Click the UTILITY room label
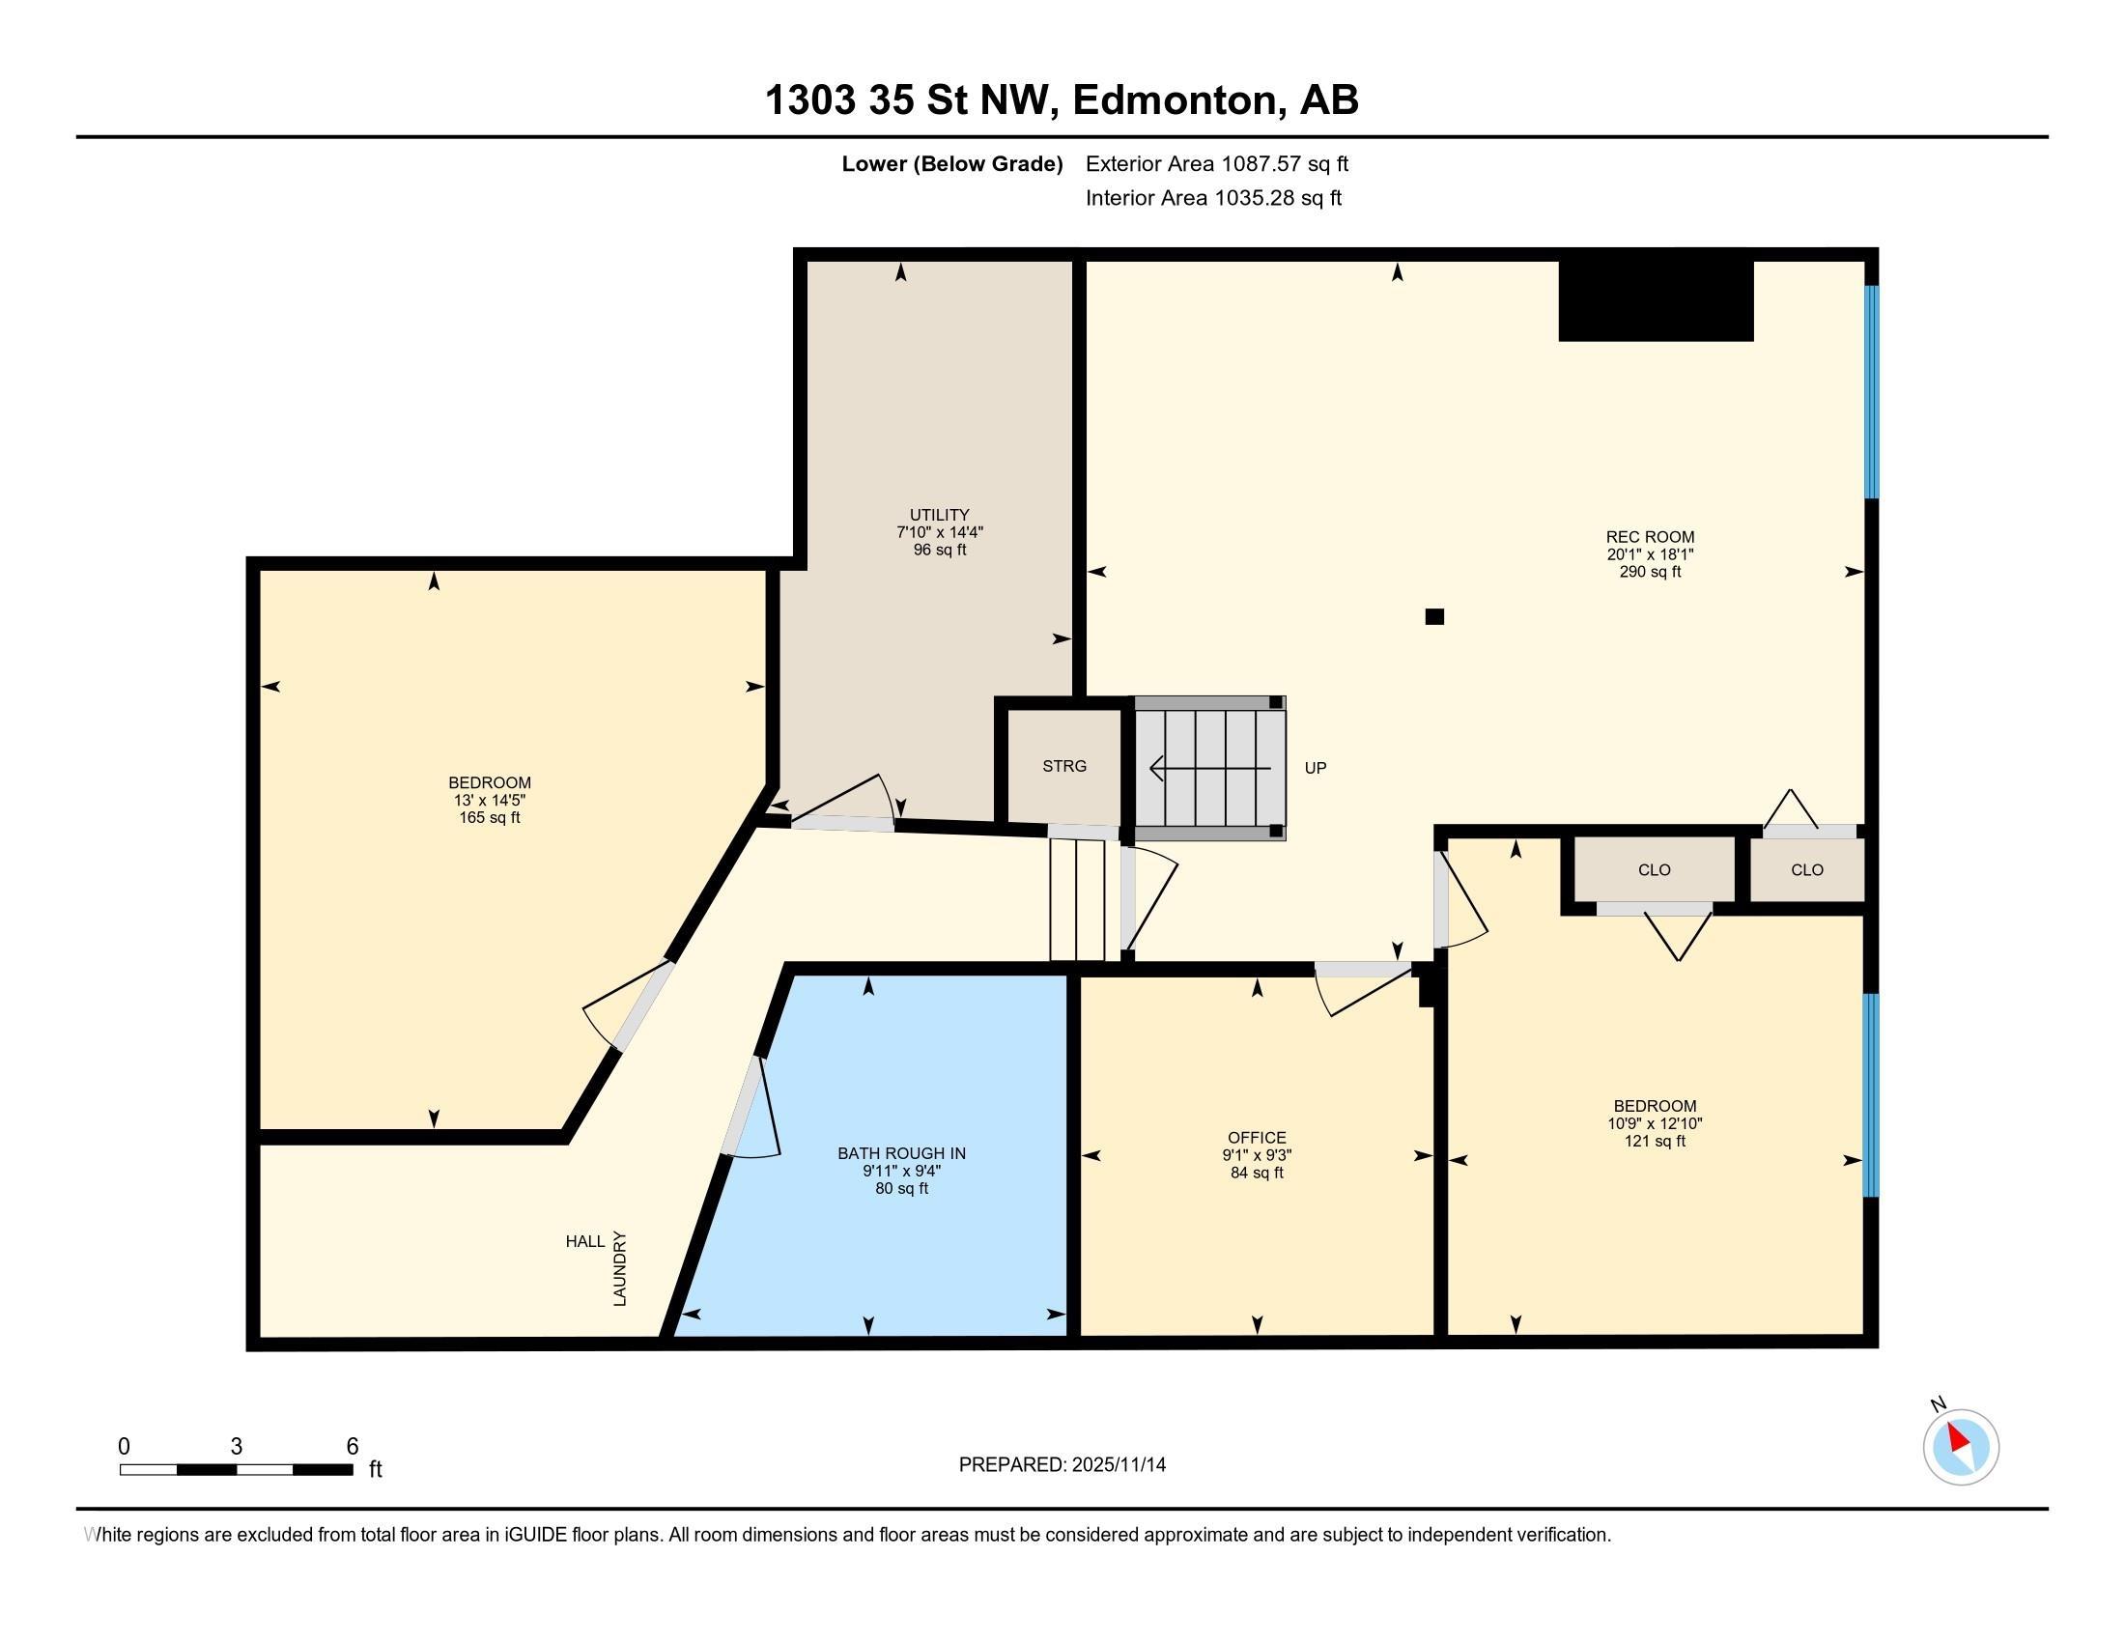click(x=939, y=515)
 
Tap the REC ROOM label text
click(x=1649, y=537)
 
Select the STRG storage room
click(x=1063, y=767)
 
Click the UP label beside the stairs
click(x=1315, y=769)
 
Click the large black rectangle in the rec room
click(x=1655, y=300)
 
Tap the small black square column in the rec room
click(x=1433, y=616)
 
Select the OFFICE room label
click(x=1256, y=1137)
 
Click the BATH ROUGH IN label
click(x=901, y=1153)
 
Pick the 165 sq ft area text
click(x=490, y=818)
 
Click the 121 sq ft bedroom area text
click(x=1654, y=1141)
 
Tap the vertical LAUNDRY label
click(x=620, y=1268)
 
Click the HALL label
click(x=584, y=1241)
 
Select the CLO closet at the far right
click(x=1807, y=869)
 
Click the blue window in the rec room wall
click(x=1870, y=392)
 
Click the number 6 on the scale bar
click(x=353, y=1447)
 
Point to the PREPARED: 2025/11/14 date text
click(x=1062, y=1465)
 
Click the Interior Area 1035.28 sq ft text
click(x=1212, y=198)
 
